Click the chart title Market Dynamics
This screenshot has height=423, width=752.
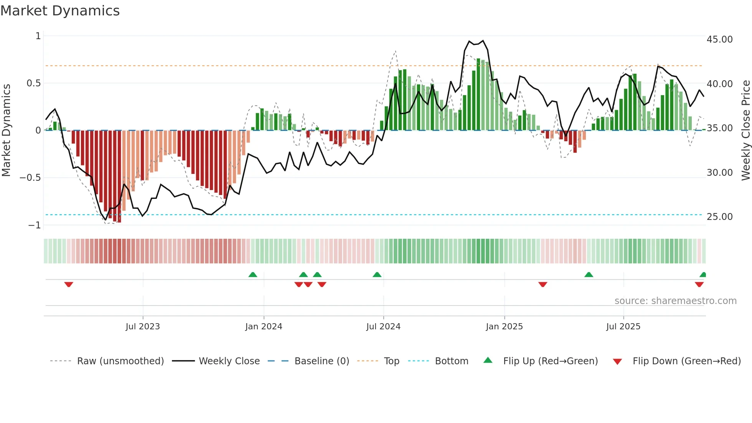[60, 11]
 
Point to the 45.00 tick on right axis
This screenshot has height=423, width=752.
[719, 40]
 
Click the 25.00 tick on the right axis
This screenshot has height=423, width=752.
[719, 217]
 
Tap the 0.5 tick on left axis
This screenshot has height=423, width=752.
[33, 83]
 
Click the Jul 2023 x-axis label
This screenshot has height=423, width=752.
[143, 327]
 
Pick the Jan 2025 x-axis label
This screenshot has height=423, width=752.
[504, 327]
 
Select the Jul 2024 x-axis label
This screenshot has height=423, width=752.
[383, 327]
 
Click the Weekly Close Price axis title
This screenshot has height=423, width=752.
[745, 130]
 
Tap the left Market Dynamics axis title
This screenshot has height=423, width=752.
[6, 130]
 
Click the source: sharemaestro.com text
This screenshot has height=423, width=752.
[675, 301]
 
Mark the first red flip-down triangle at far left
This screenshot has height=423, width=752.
[69, 284]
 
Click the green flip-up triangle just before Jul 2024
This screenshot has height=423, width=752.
[377, 274]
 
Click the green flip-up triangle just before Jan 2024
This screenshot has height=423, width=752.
[253, 274]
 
